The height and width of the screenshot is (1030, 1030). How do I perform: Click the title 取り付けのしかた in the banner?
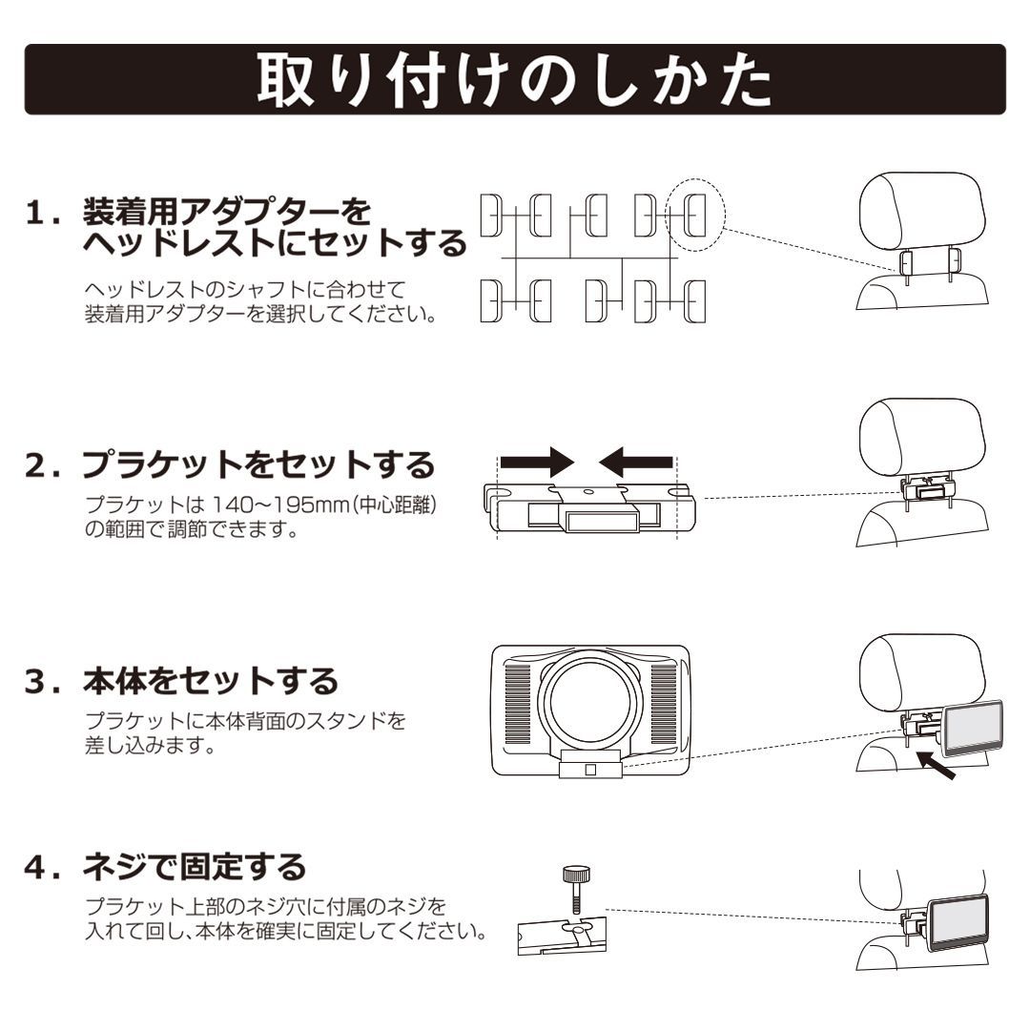pos(515,80)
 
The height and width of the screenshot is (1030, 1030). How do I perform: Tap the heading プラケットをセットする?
pos(257,465)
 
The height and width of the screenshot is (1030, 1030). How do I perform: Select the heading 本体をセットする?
pos(209,681)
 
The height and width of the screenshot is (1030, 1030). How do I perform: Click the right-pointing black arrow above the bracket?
pos(536,463)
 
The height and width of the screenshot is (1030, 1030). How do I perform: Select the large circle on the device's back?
pos(589,702)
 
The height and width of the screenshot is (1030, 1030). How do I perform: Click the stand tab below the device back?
pos(591,766)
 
